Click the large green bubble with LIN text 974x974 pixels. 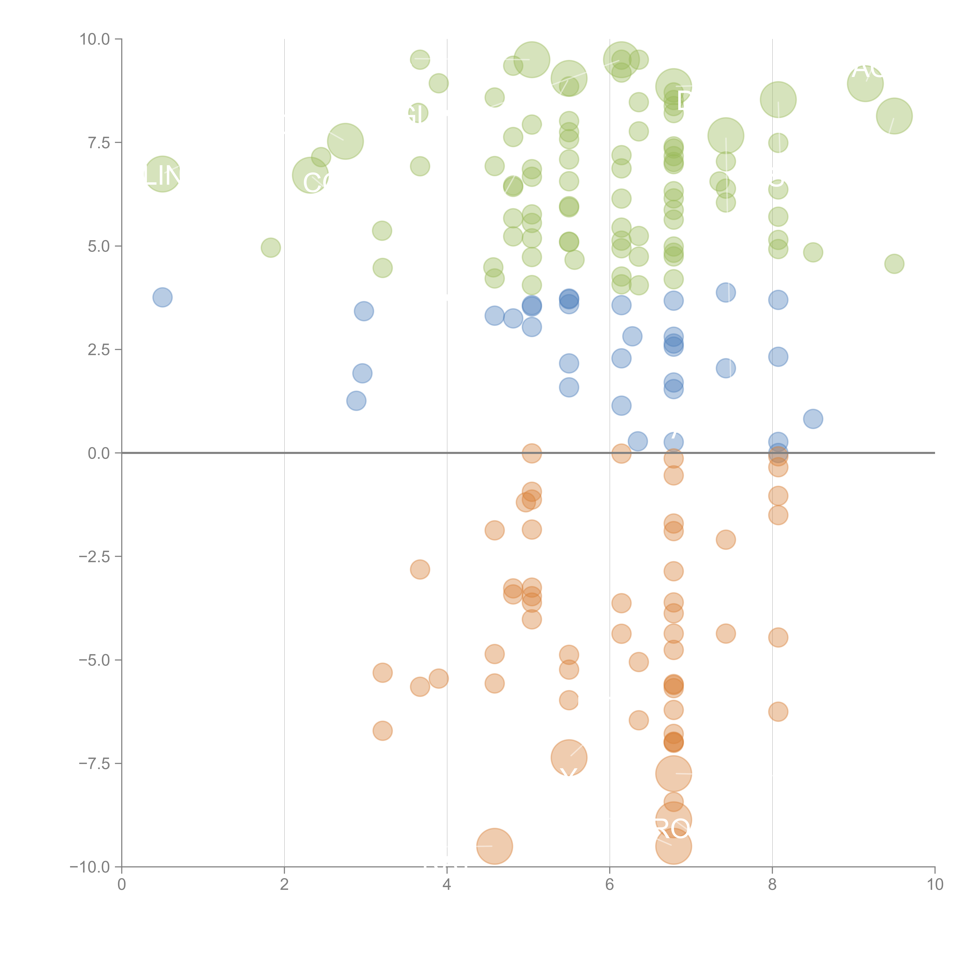point(162,174)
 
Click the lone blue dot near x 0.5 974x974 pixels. point(162,297)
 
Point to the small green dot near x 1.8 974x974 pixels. point(271,248)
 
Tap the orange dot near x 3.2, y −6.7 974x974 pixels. point(383,730)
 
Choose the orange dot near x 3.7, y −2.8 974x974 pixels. point(420,570)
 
